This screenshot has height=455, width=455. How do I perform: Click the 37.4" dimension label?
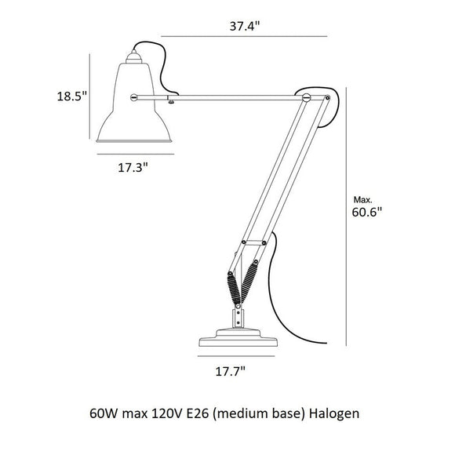pos(244,26)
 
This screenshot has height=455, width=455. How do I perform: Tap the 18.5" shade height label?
pos(72,96)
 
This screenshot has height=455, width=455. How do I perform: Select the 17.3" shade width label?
pos(133,167)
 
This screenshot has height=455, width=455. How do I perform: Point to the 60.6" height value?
pos(367,212)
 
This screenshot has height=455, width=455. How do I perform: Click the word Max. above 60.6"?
pos(362,199)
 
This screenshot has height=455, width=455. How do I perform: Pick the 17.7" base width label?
pos(231,371)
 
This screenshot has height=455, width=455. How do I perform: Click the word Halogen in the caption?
pos(334,413)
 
